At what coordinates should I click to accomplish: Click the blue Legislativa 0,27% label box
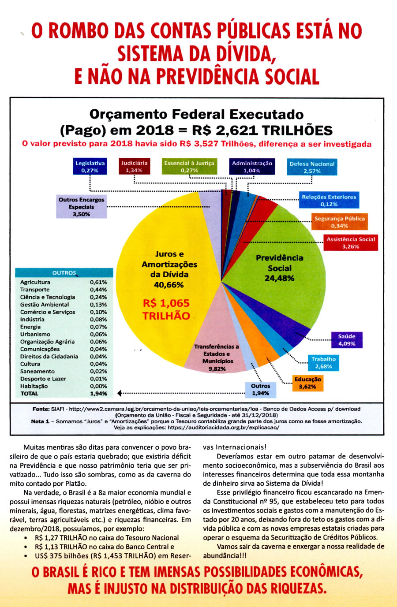point(90,167)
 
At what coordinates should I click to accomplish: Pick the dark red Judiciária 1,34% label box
point(134,167)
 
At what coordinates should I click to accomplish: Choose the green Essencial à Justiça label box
point(189,167)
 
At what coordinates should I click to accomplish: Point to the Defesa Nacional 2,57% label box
point(312,167)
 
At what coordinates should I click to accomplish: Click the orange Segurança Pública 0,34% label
point(339,222)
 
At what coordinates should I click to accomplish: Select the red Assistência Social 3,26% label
point(351,243)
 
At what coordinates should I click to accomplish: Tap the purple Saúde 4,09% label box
point(347,339)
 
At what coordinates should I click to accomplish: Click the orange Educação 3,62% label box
point(308,383)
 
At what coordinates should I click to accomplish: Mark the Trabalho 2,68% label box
point(323,362)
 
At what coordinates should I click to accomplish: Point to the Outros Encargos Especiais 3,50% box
point(81,207)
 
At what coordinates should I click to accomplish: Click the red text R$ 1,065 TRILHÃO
point(166,309)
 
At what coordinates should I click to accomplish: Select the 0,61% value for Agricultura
point(98,282)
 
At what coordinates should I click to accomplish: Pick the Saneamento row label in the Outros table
point(37,371)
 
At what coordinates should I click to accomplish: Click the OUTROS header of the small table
point(64,273)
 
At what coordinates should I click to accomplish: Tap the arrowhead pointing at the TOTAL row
point(120,393)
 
